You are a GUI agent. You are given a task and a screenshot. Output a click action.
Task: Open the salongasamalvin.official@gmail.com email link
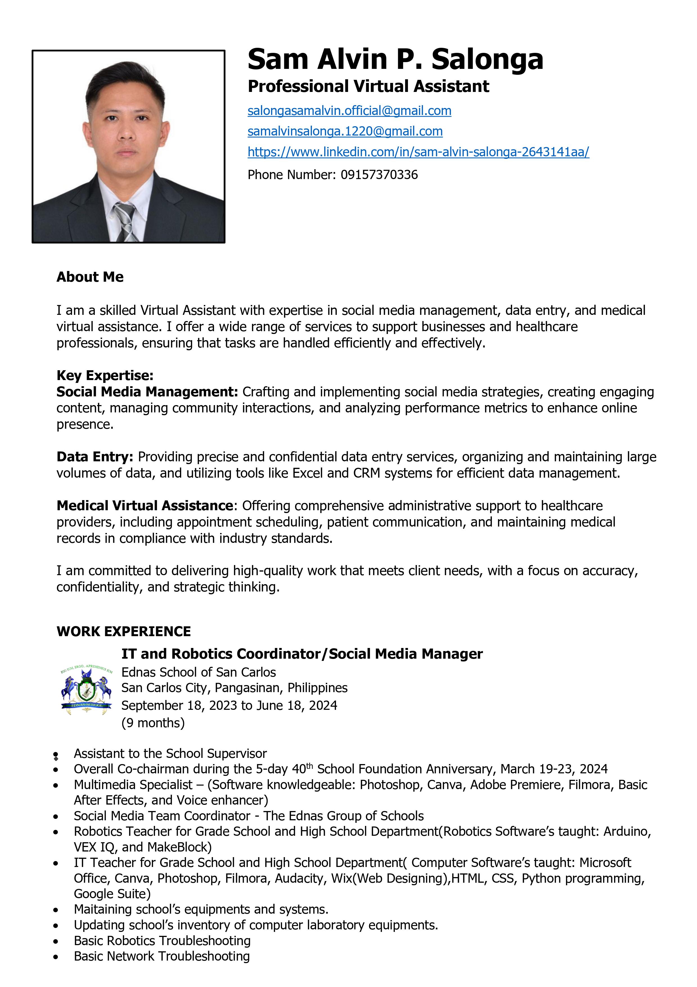[349, 111]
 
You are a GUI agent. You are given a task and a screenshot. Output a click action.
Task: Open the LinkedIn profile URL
[418, 152]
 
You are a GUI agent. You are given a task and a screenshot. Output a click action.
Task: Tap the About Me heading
[90, 277]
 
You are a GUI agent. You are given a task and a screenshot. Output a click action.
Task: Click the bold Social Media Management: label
[147, 392]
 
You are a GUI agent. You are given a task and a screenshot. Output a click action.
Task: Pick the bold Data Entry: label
[94, 457]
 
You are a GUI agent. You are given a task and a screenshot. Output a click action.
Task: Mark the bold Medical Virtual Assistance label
[145, 505]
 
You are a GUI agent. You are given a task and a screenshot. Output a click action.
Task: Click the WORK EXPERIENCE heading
[124, 631]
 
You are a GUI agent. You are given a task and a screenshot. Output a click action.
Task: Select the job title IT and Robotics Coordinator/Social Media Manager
[302, 654]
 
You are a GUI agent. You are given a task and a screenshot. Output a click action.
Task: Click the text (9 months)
[153, 723]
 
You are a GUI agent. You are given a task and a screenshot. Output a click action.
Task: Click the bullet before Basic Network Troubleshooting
[55, 956]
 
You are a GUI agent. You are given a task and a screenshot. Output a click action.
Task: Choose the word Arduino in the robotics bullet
[626, 831]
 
